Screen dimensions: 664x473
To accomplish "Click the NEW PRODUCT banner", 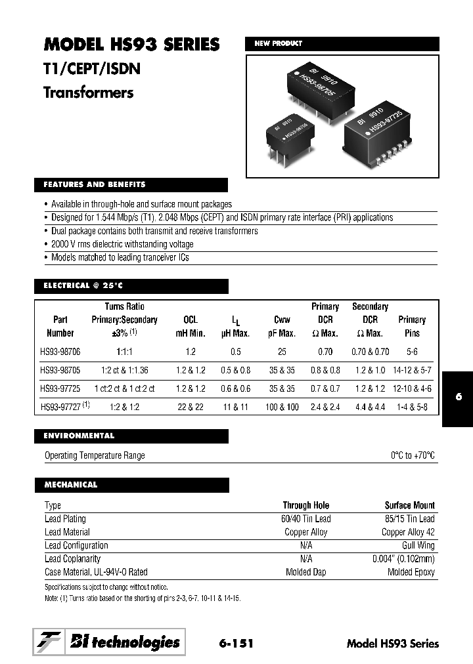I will tap(279, 44).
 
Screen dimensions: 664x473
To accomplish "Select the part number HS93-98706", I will tap(60, 352).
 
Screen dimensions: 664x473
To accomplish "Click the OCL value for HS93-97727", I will tap(190, 407).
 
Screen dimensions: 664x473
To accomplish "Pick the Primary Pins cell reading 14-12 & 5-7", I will tap(412, 370).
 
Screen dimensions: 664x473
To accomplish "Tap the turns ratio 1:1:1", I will tap(124, 352).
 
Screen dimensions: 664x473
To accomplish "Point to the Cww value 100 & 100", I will tap(282, 407).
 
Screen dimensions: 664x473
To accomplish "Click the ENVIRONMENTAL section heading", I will tap(79, 436).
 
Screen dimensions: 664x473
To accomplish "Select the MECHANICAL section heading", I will tap(71, 485).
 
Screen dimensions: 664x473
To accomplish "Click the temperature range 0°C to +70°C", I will tap(413, 455).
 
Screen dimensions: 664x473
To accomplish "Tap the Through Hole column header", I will tap(306, 505).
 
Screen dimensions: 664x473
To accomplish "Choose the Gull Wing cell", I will tap(418, 545).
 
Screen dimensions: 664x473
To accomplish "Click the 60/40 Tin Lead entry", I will tap(306, 518).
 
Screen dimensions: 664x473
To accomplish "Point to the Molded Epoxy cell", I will tap(411, 572).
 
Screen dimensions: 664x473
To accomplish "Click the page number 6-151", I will tap(235, 643).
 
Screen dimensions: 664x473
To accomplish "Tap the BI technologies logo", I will tap(109, 642).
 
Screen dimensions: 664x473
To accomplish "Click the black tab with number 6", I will tap(457, 398).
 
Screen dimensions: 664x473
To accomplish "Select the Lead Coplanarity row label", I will tap(72, 558).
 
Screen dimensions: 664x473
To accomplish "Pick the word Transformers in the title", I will tap(88, 93).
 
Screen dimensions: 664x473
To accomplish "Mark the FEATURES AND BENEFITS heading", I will tap(95, 185).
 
